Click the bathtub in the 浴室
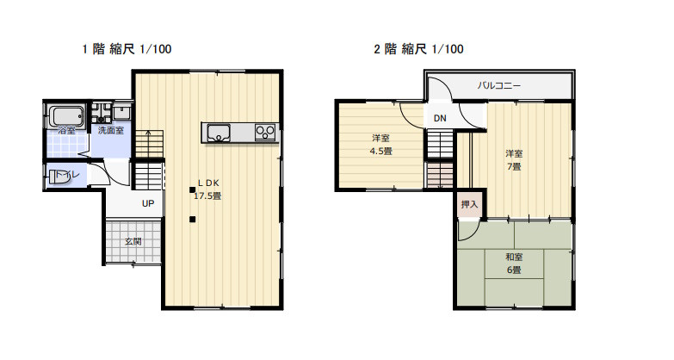(66, 116)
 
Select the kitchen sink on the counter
(219, 133)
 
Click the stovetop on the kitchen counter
(265, 133)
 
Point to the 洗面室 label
(111, 130)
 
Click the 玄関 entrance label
(133, 241)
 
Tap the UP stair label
(148, 203)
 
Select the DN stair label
(440, 118)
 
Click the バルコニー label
(499, 85)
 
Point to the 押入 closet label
(469, 204)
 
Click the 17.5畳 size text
(207, 196)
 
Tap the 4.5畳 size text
(380, 152)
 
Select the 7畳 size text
(514, 166)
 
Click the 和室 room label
(514, 258)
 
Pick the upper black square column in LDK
(192, 189)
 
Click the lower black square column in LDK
(192, 220)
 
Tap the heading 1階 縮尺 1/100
(127, 49)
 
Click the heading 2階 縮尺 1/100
(418, 49)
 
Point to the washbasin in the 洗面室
(122, 112)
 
